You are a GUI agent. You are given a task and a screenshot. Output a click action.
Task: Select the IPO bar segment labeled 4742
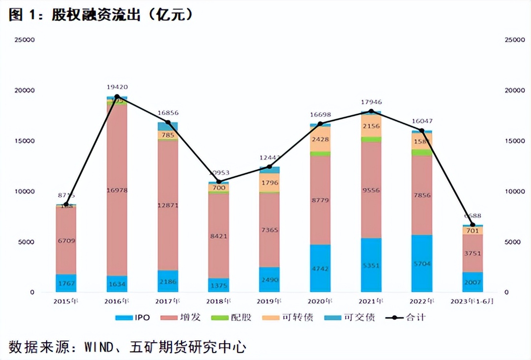coord(320,269)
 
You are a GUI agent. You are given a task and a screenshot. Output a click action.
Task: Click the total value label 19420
coord(117,87)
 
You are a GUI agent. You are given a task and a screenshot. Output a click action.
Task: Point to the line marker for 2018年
coord(219,181)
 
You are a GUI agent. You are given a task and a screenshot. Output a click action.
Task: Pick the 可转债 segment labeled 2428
coord(320,139)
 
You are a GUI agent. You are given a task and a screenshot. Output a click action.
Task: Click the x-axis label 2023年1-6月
coord(472,301)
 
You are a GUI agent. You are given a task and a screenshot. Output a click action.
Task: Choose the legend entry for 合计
coord(406,317)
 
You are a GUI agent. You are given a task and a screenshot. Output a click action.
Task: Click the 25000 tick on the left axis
coord(25,40)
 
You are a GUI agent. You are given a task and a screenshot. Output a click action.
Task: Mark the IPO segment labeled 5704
coord(421,264)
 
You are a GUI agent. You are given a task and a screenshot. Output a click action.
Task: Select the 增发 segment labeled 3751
coord(472,253)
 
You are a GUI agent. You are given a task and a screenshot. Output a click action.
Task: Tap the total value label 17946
coord(371,102)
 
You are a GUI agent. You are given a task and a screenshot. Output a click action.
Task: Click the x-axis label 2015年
coord(66,301)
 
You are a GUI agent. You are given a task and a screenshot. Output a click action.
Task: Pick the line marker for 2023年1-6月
coord(472,225)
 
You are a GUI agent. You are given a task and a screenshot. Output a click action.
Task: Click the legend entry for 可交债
coord(350,317)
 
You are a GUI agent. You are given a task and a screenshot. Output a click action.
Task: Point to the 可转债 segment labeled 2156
coord(371,126)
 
